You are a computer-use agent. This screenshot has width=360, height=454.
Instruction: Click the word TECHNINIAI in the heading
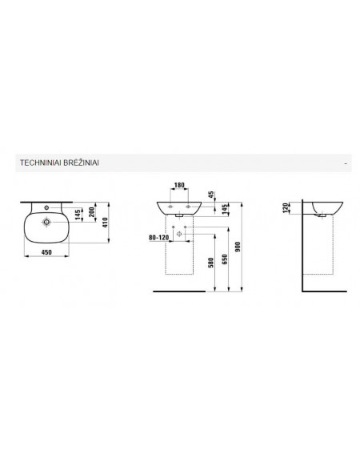click(x=40, y=163)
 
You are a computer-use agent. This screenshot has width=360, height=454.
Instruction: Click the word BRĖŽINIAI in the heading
click(x=81, y=163)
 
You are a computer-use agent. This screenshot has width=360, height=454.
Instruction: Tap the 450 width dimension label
click(x=46, y=252)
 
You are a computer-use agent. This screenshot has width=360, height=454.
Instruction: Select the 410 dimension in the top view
click(x=105, y=223)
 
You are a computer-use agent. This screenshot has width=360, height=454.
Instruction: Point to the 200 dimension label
click(x=92, y=212)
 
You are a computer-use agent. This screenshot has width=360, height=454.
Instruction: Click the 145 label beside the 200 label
click(x=78, y=215)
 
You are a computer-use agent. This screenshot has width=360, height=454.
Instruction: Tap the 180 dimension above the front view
click(x=179, y=185)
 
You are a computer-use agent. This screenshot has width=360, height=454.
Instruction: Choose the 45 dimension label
click(x=211, y=195)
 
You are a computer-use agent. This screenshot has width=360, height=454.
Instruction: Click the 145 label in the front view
click(x=225, y=209)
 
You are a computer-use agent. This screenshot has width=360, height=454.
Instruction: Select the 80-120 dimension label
click(x=158, y=238)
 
